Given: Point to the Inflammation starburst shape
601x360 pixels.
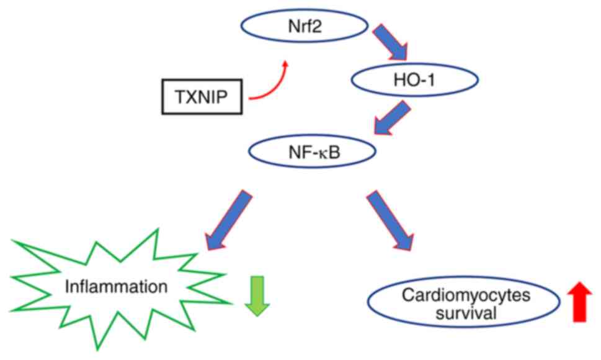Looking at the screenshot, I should pos(118,287).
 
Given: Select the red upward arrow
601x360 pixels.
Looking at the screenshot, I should pos(580,301).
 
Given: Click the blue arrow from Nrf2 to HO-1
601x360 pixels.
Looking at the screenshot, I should pos(390,43).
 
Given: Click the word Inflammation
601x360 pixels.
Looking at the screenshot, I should pos(118,287).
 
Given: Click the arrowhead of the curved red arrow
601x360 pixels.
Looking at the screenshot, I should pos(285,63).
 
